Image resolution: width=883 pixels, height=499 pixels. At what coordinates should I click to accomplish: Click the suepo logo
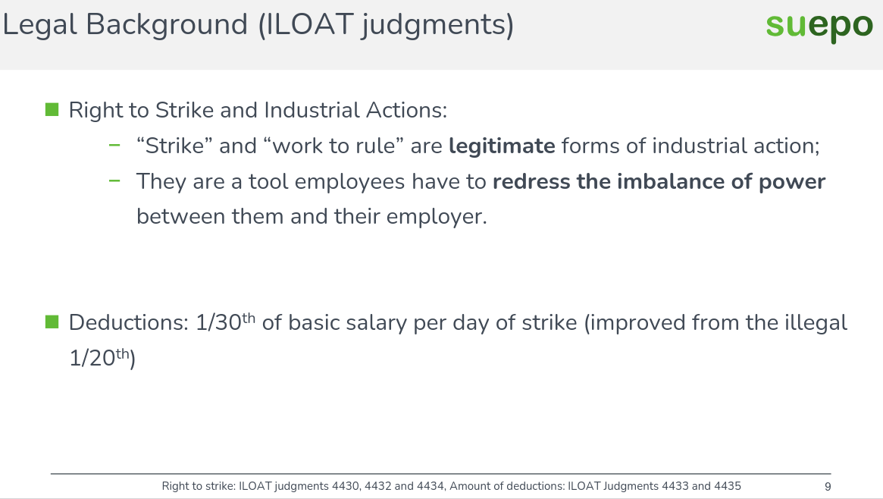pyautogui.click(x=819, y=26)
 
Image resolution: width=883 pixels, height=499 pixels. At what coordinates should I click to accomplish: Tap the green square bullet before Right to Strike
pyautogui.click(x=52, y=110)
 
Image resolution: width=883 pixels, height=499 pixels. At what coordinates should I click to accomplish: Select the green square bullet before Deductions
pyautogui.click(x=52, y=322)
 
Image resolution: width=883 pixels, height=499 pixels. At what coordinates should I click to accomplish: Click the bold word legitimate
pyautogui.click(x=502, y=146)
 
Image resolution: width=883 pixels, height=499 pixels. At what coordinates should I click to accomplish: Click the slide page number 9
pyautogui.click(x=828, y=486)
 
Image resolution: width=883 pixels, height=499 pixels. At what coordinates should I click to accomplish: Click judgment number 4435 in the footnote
pyautogui.click(x=726, y=486)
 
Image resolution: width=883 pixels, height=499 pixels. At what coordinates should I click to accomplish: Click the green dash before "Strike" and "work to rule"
pyautogui.click(x=114, y=146)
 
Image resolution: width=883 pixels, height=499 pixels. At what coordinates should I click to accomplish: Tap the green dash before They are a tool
pyautogui.click(x=114, y=181)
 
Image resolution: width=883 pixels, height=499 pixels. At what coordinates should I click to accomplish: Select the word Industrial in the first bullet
pyautogui.click(x=312, y=110)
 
